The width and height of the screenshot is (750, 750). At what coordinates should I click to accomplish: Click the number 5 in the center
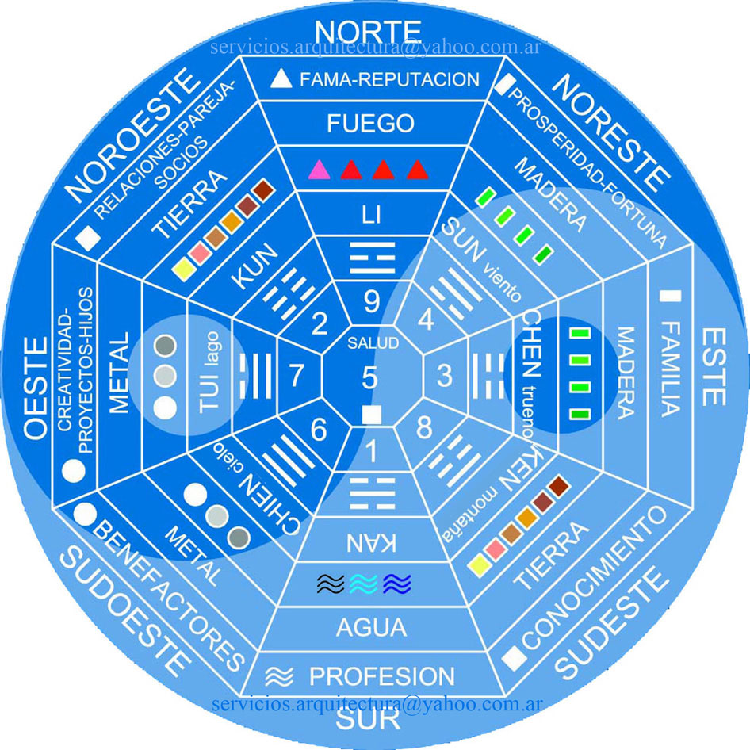point(370,377)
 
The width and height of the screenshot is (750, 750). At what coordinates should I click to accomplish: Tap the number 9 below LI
point(372,301)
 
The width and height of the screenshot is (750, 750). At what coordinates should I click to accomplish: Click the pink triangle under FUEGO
point(318,169)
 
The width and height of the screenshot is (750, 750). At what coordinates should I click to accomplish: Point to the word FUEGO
point(372,124)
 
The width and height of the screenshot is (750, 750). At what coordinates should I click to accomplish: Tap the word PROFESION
point(382,676)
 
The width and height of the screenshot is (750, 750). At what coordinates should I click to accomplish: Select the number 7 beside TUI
point(297,375)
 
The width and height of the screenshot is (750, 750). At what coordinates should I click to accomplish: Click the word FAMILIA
point(670,369)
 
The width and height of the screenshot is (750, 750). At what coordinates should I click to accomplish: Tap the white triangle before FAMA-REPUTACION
point(278,78)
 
